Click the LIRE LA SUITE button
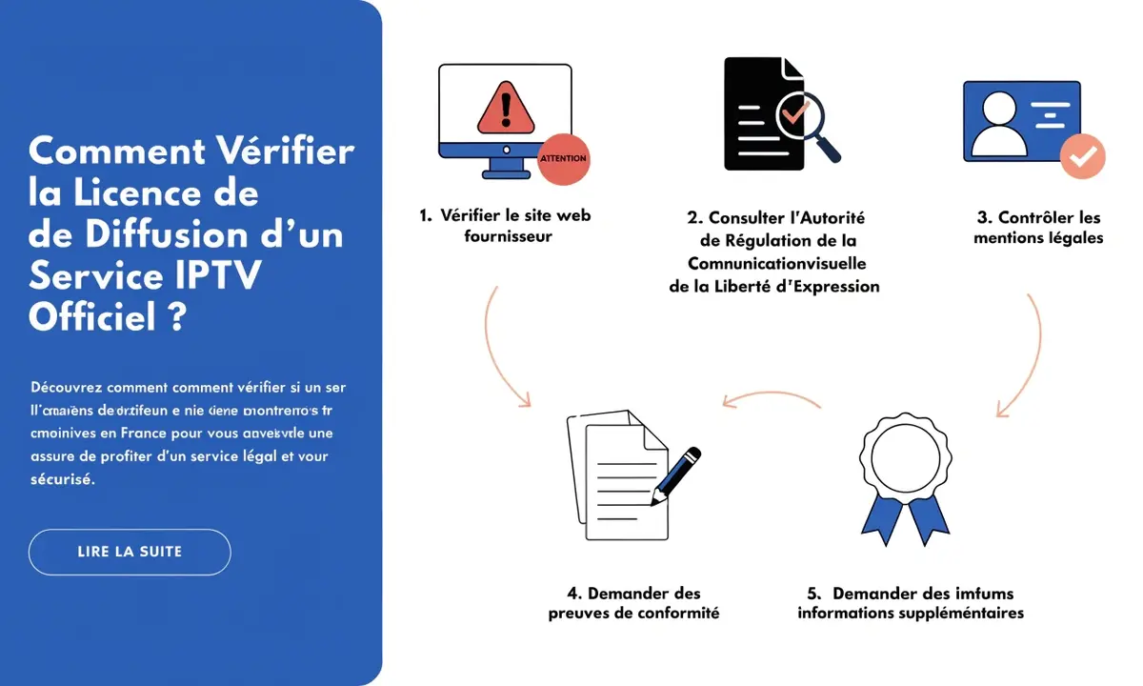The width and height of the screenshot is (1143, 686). (x=130, y=552)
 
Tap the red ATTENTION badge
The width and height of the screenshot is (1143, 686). (x=563, y=157)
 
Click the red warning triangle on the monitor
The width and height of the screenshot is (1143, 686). (x=505, y=107)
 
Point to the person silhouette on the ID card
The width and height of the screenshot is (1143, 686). (x=997, y=127)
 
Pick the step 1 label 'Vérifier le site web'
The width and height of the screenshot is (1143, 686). (x=507, y=215)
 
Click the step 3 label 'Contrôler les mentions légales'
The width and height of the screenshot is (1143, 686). (x=1038, y=228)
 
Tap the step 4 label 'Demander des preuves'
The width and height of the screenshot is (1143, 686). (x=632, y=603)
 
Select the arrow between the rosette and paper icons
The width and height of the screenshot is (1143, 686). (x=771, y=397)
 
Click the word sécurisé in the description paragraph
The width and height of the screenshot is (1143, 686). (x=63, y=479)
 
